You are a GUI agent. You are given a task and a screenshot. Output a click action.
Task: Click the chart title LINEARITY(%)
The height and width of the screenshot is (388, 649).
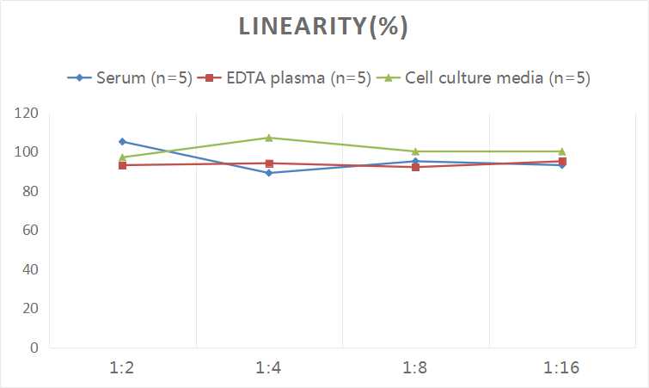[324, 27]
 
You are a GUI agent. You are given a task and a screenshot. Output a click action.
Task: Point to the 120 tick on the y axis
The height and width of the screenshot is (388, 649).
[28, 114]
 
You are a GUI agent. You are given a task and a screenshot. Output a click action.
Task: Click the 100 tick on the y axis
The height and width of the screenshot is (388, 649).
[28, 152]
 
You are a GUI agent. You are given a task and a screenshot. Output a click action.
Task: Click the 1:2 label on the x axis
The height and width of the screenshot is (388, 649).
[123, 367]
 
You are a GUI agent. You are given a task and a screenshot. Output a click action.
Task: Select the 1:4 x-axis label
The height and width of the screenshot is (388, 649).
[269, 367]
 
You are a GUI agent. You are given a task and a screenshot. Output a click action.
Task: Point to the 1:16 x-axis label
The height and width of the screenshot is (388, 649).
[562, 367]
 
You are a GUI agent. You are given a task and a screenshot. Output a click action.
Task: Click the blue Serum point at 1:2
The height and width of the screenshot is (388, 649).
[123, 141]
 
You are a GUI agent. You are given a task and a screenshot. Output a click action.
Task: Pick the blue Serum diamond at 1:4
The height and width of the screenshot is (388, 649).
[269, 173]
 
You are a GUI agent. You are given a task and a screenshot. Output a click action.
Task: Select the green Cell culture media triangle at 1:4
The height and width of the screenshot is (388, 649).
[269, 138]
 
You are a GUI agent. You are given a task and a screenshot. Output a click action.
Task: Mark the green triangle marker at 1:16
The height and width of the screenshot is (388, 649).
[562, 151]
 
